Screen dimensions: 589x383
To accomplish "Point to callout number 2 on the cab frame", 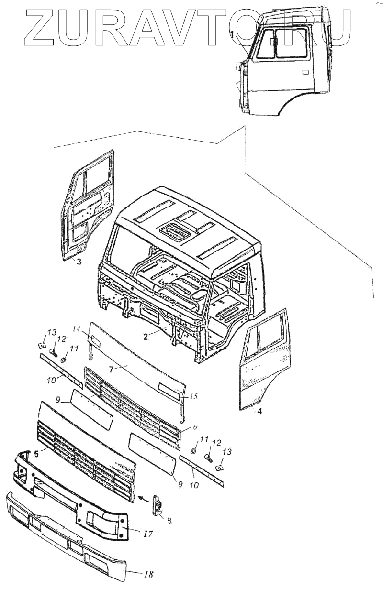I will pyautogui.click(x=145, y=336).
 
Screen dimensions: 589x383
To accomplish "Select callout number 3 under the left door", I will pyautogui.click(x=79, y=262).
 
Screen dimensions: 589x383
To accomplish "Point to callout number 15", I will pyautogui.click(x=193, y=396).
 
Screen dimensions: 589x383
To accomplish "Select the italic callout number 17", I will pyautogui.click(x=148, y=534).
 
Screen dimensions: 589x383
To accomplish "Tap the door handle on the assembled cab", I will pyautogui.click(x=305, y=72).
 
